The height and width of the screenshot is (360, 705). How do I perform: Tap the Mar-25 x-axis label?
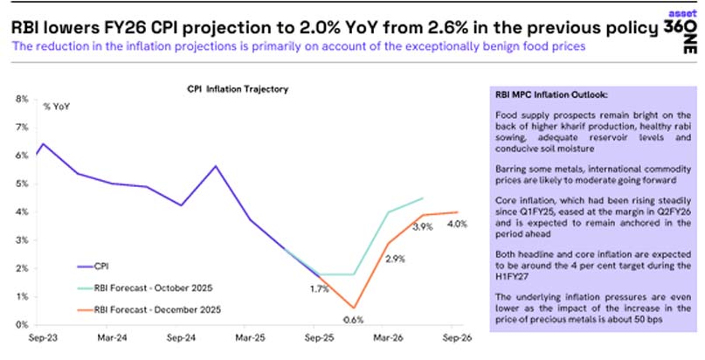250,336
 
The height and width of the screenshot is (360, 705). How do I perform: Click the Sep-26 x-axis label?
461,336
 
